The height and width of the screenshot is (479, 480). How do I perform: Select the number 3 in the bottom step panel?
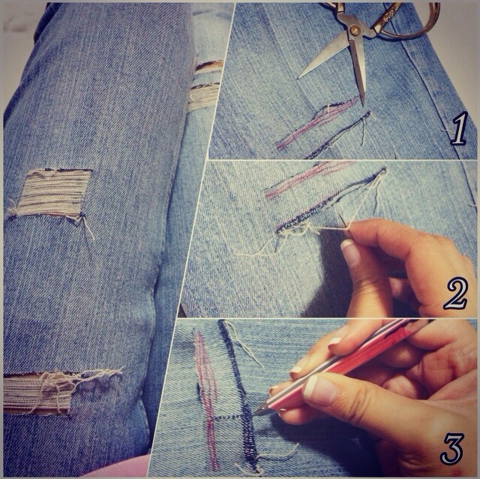[x=452, y=447]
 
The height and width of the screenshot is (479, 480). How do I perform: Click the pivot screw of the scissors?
[x=352, y=32]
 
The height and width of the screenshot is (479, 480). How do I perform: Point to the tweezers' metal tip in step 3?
[x=260, y=410]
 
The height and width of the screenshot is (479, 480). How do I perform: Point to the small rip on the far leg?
[x=204, y=86]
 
